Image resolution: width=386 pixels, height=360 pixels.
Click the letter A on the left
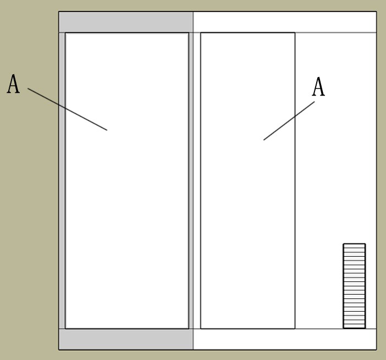tap(13, 84)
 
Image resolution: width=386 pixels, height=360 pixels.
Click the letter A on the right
tap(318, 86)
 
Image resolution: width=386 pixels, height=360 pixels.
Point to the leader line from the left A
tap(67, 109)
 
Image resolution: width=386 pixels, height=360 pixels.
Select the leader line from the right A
tap(289, 121)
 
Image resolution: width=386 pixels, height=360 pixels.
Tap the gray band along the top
tap(126, 22)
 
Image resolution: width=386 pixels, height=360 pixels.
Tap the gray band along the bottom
tap(126, 339)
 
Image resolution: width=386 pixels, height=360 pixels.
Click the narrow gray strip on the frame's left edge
tap(62, 181)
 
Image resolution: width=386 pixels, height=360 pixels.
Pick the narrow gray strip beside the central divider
tap(191, 181)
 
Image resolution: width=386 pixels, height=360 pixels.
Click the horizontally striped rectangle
tap(354, 286)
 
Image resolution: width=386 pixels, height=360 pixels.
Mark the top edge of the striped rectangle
tap(354, 244)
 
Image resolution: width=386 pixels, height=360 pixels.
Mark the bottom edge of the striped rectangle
tap(354, 328)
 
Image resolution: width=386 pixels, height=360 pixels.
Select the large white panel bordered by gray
tap(127, 181)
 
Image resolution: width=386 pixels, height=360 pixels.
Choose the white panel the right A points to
tap(247, 181)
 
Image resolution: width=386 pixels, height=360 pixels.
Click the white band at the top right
tap(285, 22)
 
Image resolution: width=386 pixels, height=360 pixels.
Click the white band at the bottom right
tap(285, 339)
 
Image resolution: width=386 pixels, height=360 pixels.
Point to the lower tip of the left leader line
tap(107, 130)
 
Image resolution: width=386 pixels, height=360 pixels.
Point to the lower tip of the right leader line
tap(263, 140)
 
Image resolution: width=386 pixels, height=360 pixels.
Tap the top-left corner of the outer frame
tap(59, 12)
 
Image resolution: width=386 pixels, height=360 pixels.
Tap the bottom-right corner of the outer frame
tap(377, 350)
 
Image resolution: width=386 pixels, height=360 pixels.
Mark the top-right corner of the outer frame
tap(377, 12)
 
